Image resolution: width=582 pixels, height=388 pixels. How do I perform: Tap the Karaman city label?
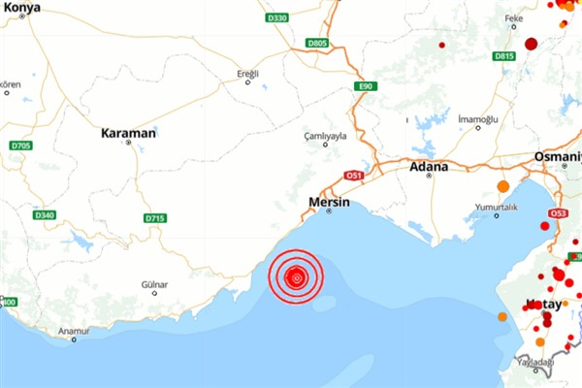(128, 132)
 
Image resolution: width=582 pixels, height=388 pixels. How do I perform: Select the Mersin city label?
(328, 202)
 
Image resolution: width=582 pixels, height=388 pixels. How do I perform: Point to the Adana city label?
(430, 167)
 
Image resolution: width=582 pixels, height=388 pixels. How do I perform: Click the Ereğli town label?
(249, 74)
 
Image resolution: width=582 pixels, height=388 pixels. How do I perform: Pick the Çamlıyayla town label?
(325, 136)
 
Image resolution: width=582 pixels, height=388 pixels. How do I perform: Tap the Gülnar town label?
(154, 285)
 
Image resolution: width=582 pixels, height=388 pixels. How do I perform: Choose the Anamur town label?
(74, 331)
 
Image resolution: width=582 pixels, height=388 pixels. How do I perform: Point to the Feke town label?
(513, 17)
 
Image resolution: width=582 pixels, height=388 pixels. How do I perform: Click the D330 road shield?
(276, 17)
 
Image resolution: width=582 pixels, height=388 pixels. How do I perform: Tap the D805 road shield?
(317, 44)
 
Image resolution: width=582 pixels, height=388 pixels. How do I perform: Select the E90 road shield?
(365, 86)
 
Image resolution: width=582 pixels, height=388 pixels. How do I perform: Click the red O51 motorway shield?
(354, 176)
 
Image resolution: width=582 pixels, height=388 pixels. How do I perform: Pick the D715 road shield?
(155, 218)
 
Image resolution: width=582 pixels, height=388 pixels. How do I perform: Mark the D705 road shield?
(20, 145)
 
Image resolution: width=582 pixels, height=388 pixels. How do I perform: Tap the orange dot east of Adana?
(502, 186)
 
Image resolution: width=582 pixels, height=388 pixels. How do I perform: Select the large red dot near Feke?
(531, 44)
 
